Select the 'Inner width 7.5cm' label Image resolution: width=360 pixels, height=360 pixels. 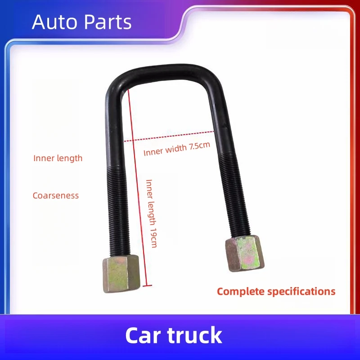coord(177,149)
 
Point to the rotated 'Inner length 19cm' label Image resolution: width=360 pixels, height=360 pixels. coord(151,213)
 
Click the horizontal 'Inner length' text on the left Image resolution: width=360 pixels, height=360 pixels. coord(58,158)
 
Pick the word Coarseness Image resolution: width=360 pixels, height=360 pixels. coord(56,196)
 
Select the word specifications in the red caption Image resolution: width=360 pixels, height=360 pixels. coord(301,292)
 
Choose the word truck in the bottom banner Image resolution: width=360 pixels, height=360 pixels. coord(198,336)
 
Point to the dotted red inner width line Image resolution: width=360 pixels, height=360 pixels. coord(171,136)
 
